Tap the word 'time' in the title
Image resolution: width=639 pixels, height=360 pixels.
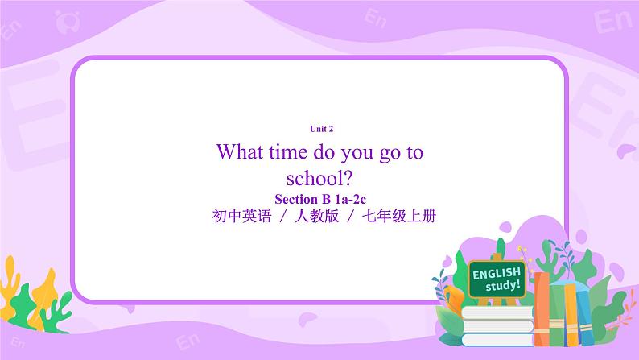(295, 151)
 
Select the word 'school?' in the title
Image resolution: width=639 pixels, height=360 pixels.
(320, 177)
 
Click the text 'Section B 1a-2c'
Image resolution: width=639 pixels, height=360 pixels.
(321, 198)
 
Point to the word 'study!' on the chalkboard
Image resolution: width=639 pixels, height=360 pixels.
(504, 285)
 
